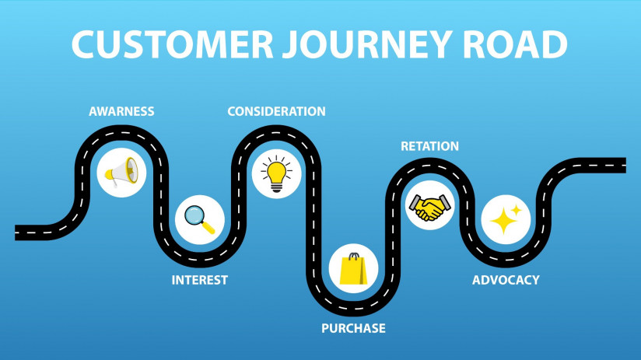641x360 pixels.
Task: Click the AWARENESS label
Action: point(121,111)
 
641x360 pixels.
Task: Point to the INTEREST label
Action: point(200,280)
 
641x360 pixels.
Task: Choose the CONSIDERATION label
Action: point(276,111)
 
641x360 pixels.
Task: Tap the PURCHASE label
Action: point(353,328)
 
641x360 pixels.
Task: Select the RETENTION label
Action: point(429,146)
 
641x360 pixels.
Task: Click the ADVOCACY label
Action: point(506,280)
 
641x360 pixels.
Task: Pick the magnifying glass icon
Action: point(199,219)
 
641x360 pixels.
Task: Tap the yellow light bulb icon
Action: point(276,173)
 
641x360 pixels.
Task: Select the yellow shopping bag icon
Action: point(353,268)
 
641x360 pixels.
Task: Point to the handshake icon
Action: point(429,207)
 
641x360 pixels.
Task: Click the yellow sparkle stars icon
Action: point(506,219)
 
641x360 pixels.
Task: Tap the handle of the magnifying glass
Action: point(208,228)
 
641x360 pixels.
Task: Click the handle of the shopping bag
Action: point(354,256)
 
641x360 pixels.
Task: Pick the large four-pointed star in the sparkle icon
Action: point(503,222)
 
